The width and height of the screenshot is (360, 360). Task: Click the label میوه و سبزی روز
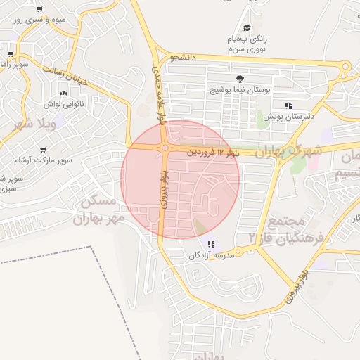coord(41,20)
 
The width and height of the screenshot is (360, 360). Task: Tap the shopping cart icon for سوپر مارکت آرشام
coord(44,150)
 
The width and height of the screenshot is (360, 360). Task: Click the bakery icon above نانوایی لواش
coord(64,93)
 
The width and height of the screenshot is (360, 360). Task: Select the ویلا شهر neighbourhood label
coord(27,125)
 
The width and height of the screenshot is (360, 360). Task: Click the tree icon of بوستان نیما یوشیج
coord(240,79)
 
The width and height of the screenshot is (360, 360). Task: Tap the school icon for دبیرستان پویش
coord(288,105)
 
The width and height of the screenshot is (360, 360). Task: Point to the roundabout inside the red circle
coord(164,148)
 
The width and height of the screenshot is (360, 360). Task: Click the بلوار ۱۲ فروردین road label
coord(218,152)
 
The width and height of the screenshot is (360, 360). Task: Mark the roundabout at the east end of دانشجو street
coord(345,67)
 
